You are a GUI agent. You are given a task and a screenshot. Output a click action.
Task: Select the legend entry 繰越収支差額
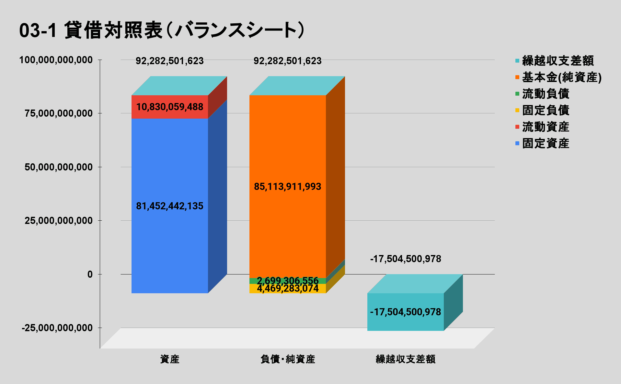point(558,61)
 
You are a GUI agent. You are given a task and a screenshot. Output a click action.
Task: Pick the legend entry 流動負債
point(546,94)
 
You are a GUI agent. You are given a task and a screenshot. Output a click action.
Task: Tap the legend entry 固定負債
point(546,110)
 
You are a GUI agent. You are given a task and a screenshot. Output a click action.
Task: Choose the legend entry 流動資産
point(546,127)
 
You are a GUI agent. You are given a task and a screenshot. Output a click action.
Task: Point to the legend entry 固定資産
point(546,143)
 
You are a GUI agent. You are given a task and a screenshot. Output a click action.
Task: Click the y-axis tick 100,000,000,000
point(56,60)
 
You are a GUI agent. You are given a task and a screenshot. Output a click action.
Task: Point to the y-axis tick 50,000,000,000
point(59,167)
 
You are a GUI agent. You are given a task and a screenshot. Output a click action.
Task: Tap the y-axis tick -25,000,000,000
point(57,328)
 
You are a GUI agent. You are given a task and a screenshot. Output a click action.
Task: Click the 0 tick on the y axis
point(90,274)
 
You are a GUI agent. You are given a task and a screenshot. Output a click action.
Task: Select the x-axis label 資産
point(170,359)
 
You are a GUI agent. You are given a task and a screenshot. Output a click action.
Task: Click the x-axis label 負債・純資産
point(288,359)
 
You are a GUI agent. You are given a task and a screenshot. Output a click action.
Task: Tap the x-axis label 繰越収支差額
point(406,359)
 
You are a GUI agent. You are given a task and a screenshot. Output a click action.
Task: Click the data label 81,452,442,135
point(170,206)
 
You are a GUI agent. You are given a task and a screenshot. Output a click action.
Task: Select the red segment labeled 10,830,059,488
point(170,107)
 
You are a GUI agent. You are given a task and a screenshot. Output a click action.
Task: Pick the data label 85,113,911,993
point(288,187)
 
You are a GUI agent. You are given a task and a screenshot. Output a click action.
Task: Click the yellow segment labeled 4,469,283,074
point(288,289)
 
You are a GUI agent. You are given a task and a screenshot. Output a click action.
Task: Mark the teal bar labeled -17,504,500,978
point(406,312)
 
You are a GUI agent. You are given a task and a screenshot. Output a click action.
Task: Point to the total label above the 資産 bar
point(170,61)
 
